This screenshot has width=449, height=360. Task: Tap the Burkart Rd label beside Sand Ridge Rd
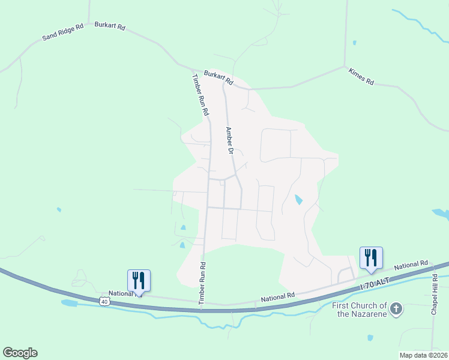110,26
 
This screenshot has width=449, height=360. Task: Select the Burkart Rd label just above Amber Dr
218,77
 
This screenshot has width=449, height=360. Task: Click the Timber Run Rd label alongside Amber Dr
200,95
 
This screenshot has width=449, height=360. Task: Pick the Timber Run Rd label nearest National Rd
203,286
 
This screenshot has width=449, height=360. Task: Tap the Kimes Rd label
361,76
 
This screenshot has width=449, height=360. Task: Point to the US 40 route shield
105,301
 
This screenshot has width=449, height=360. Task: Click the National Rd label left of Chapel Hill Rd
411,264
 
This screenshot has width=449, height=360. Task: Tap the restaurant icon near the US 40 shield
139,280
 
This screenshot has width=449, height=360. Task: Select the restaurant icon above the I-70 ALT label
371,257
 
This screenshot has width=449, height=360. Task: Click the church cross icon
396,309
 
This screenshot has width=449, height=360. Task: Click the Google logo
20,353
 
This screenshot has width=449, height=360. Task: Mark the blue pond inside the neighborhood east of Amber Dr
298,200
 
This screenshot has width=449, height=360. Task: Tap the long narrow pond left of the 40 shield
70,303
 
